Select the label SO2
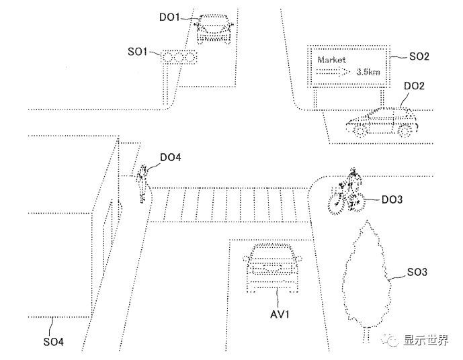[419, 56]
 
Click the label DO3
[392, 199]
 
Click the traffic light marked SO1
[179, 58]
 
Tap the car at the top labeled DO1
[214, 26]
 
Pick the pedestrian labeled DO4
[142, 183]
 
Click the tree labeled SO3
[365, 275]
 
